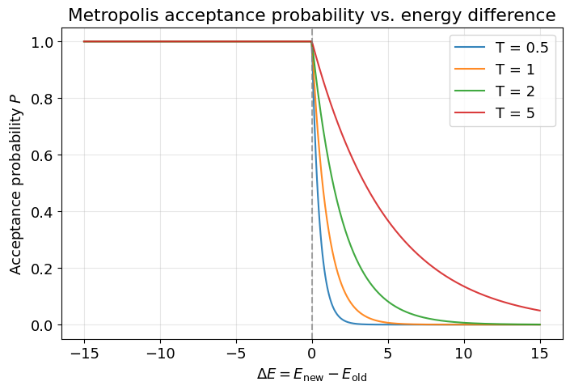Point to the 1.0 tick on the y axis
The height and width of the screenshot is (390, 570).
coord(44,42)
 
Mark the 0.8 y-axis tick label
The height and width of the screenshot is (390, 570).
coord(44,99)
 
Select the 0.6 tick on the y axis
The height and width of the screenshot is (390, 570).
coord(44,155)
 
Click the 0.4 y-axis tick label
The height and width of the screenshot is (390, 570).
coord(44,212)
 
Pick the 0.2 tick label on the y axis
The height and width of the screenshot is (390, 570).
coord(44,269)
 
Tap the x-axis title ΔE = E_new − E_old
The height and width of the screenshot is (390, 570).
coord(312,375)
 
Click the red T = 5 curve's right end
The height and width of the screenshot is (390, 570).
coord(539,310)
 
